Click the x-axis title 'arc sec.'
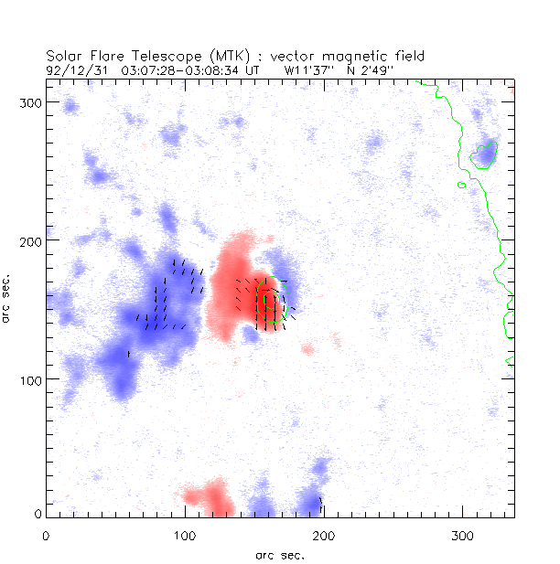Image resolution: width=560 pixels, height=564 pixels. click(x=279, y=554)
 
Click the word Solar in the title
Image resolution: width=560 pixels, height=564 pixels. click(x=63, y=56)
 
